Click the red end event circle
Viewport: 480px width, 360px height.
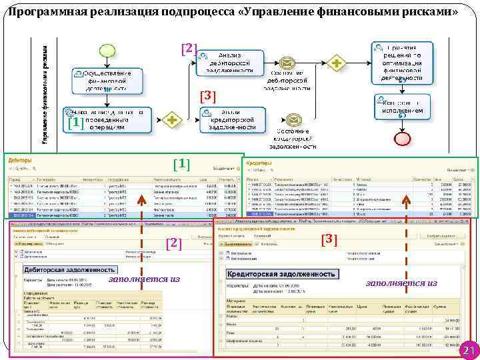402,139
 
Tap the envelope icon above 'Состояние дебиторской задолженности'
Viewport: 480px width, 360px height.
287,63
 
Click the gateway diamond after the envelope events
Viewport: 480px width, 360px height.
337,63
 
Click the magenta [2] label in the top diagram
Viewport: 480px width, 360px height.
189,48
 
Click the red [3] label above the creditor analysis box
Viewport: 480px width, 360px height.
209,95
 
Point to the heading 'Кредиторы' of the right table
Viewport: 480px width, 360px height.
259,163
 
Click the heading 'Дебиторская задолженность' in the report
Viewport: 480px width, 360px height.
61,270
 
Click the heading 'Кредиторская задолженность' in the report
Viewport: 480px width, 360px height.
281,274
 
